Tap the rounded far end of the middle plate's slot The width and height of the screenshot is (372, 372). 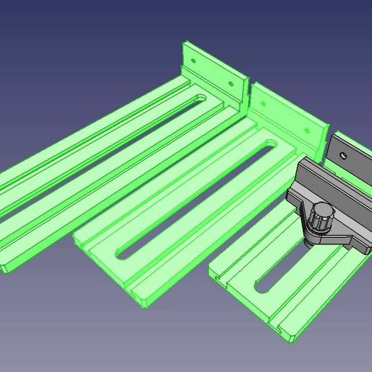[x=270, y=147]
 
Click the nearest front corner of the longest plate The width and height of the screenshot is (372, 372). [x=6, y=270]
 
